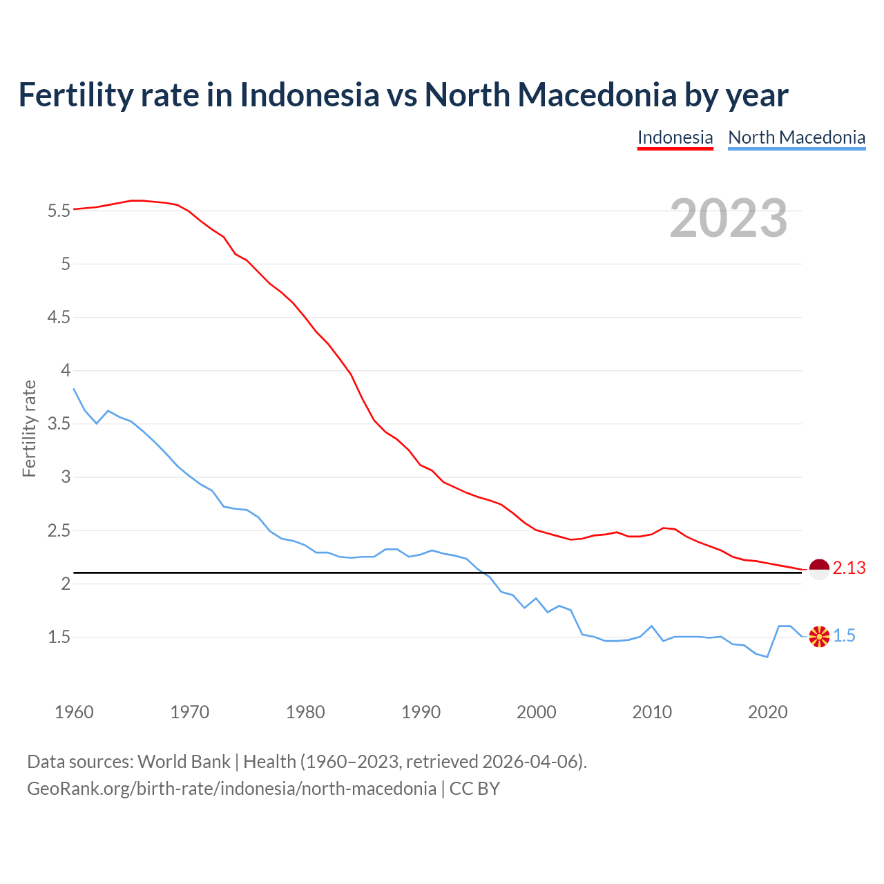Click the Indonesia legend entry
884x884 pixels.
(x=675, y=137)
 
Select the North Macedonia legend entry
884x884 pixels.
(x=796, y=137)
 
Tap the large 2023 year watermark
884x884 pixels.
(x=729, y=218)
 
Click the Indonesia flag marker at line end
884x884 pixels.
(x=818, y=569)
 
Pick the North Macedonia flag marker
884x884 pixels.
(x=819, y=636)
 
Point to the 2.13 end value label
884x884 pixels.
(x=849, y=568)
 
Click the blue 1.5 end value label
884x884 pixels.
(x=844, y=636)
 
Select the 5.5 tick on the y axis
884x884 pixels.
(x=59, y=211)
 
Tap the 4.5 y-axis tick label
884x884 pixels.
(x=59, y=317)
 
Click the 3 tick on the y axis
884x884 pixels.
(x=66, y=477)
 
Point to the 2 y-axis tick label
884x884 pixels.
(x=66, y=584)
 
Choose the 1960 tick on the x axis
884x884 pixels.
(x=74, y=712)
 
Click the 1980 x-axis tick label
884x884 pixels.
(x=305, y=712)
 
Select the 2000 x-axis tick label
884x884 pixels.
(x=536, y=712)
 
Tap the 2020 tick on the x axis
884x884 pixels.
(x=767, y=712)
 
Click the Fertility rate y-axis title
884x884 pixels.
(x=29, y=428)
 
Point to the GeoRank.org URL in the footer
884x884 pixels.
(x=231, y=789)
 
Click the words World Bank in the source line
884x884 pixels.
(x=184, y=762)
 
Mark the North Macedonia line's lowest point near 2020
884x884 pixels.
(x=767, y=657)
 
